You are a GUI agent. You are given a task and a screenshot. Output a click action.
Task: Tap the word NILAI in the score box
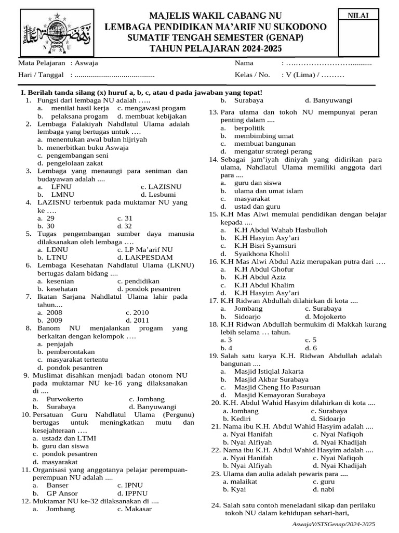pyautogui.click(x=358, y=16)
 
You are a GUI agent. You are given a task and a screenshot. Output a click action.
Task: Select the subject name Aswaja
pyautogui.click(x=86, y=63)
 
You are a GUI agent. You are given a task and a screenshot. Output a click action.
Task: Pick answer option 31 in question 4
pyautogui.click(x=125, y=219)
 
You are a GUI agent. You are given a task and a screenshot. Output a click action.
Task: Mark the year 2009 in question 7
pyautogui.click(x=54, y=320)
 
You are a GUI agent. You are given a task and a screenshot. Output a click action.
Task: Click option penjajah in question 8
pyautogui.click(x=60, y=344)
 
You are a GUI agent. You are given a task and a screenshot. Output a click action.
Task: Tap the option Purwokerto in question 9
pyautogui.click(x=68, y=399)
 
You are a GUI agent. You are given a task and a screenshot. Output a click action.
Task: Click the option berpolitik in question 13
pyautogui.click(x=249, y=128)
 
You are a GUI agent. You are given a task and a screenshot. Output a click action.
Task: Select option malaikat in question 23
pyautogui.click(x=241, y=481)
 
